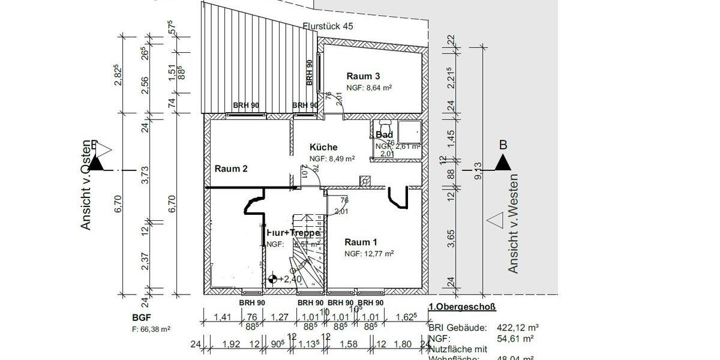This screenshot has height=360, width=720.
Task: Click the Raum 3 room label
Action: [364, 76]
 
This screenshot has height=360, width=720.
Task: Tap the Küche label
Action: [323, 147]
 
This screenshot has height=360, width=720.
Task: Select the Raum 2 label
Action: [231, 169]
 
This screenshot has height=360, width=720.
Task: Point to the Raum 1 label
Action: [361, 242]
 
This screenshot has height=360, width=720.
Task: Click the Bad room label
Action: [384, 135]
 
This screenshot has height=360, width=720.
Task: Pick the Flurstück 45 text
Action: [329, 26]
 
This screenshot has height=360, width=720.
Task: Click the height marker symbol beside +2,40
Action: [273, 278]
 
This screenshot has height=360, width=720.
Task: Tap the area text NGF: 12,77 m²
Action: [368, 254]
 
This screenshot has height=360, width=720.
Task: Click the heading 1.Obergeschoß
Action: [462, 307]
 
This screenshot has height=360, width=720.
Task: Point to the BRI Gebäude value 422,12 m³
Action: [518, 328]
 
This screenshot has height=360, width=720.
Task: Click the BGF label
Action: [139, 317]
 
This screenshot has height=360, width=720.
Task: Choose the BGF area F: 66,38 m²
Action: [151, 329]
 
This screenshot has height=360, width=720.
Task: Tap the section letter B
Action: [503, 145]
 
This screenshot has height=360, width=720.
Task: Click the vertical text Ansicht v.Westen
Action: [514, 224]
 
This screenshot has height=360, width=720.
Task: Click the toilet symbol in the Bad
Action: [384, 126]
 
